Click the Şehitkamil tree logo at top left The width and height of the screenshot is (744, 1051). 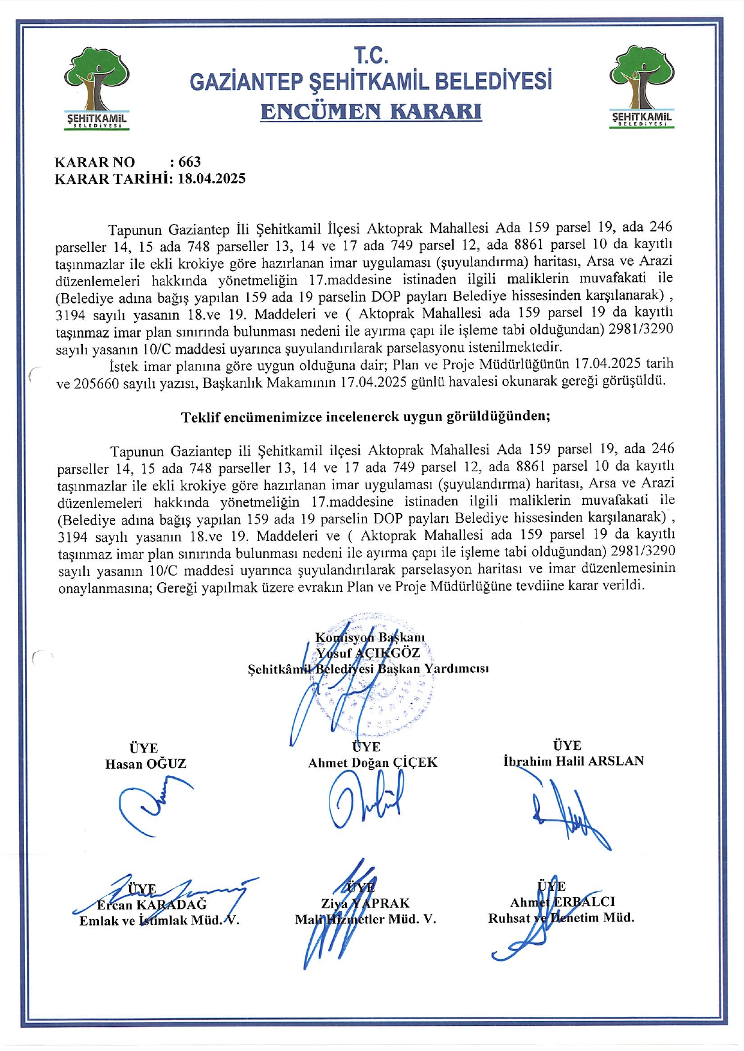click(x=97, y=87)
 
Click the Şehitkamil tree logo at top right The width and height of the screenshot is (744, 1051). click(x=641, y=86)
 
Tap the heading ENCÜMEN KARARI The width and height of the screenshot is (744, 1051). click(x=371, y=112)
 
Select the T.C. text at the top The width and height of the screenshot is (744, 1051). click(x=371, y=56)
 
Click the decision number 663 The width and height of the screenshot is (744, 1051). click(x=190, y=162)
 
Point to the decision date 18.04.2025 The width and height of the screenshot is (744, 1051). click(x=212, y=179)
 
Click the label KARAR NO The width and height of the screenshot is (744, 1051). click(x=95, y=162)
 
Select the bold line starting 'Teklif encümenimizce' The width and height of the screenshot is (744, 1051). click(x=365, y=417)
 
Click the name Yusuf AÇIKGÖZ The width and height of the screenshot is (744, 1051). click(x=368, y=653)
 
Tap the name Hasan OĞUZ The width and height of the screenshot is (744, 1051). click(x=146, y=764)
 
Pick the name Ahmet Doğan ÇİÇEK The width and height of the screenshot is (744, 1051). click(x=373, y=763)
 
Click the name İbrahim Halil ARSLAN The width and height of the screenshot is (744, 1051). click(x=573, y=761)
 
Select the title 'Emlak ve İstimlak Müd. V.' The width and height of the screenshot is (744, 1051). click(x=159, y=921)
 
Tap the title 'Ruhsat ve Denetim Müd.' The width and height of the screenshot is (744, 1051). click(x=561, y=918)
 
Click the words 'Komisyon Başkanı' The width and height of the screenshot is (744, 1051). click(x=370, y=637)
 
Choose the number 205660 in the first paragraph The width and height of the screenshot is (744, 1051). click(x=97, y=384)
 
